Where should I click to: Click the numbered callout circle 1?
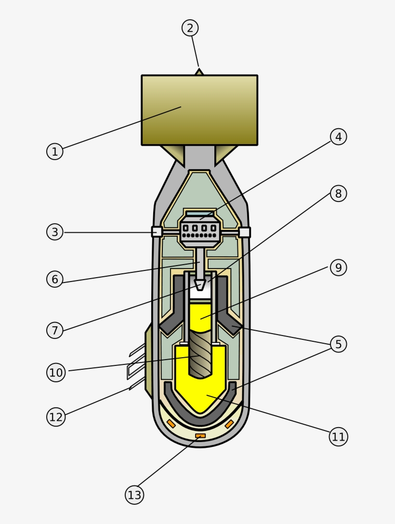pyautogui.click(x=55, y=151)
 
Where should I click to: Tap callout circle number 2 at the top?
pyautogui.click(x=190, y=28)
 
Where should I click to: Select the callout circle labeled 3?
pyautogui.click(x=55, y=232)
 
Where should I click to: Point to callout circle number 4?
pyautogui.click(x=338, y=136)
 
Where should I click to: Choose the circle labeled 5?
pyautogui.click(x=338, y=344)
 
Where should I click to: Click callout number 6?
pyautogui.click(x=55, y=279)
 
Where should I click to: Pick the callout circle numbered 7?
pyautogui.click(x=55, y=330)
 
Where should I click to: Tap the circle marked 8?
pyautogui.click(x=338, y=193)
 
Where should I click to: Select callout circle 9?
pyautogui.click(x=338, y=267)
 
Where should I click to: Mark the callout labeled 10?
pyautogui.click(x=56, y=372)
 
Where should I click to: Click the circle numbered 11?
pyautogui.click(x=338, y=437)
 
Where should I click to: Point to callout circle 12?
pyautogui.click(x=56, y=417)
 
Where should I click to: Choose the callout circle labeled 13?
pyautogui.click(x=135, y=495)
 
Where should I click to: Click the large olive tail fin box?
pyautogui.click(x=199, y=110)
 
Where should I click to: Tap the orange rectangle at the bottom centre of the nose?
pyautogui.click(x=200, y=436)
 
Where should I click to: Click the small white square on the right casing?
pyautogui.click(x=245, y=232)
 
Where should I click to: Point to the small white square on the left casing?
pyautogui.click(x=157, y=232)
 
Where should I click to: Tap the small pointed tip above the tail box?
pyautogui.click(x=199, y=72)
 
